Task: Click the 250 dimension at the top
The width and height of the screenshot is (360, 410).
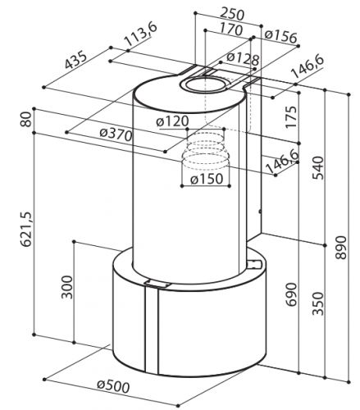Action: coord(232,14)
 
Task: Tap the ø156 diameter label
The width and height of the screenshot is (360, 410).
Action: coord(280,37)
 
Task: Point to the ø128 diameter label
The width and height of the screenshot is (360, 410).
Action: coord(243,59)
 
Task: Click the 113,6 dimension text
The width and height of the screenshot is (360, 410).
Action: coord(140,34)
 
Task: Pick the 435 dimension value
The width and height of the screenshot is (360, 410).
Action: coord(75,60)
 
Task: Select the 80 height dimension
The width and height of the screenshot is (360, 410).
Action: coord(26,120)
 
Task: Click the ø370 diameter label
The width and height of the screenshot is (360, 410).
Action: coord(116,134)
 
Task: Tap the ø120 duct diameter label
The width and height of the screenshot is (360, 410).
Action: coord(172,121)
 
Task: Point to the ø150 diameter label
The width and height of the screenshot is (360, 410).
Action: coord(207,179)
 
